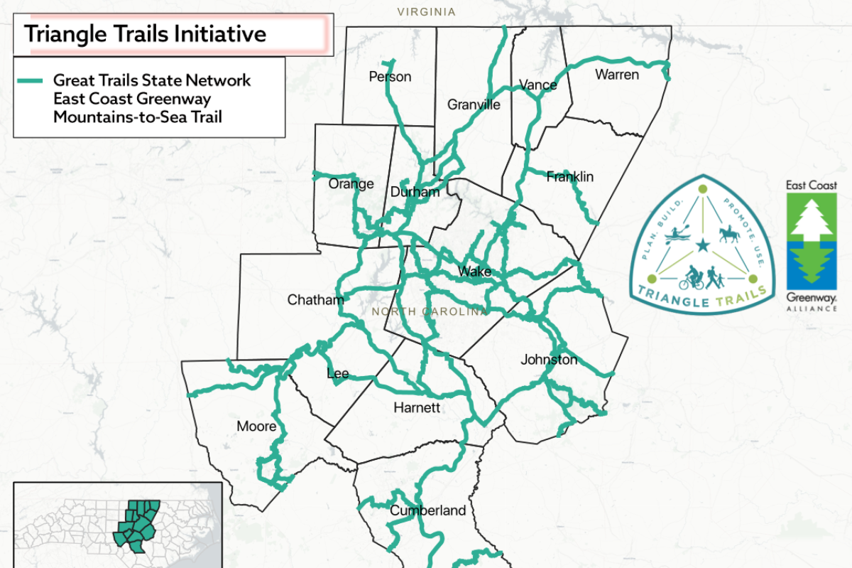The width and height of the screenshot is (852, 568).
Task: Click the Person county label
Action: [x=390, y=77]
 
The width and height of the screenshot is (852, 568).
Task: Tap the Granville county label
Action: [x=474, y=105]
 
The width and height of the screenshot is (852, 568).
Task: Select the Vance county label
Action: [x=538, y=85]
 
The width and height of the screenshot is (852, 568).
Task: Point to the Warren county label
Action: [x=617, y=74]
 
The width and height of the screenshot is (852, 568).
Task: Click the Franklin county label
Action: [x=569, y=176]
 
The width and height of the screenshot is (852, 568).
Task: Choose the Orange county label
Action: [x=351, y=184]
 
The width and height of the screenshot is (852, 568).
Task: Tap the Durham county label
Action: [x=415, y=192]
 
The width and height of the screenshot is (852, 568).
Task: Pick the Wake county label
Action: [x=475, y=272]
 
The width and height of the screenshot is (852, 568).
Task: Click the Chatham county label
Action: [x=315, y=300]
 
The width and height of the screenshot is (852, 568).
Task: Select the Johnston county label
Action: [x=549, y=360]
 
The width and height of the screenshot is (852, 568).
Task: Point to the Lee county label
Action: [x=338, y=374]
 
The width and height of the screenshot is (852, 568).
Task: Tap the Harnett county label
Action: [x=417, y=408]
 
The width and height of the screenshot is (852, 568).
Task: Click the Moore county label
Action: [x=256, y=427]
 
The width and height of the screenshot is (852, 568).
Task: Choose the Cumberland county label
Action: [x=427, y=510]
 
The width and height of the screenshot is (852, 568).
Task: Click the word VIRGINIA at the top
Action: [x=426, y=11]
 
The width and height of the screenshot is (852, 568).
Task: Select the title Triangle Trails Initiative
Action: [x=146, y=33]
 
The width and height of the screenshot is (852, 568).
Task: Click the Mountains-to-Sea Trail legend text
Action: [x=137, y=117]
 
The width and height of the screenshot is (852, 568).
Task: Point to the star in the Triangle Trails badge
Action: [x=703, y=246]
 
